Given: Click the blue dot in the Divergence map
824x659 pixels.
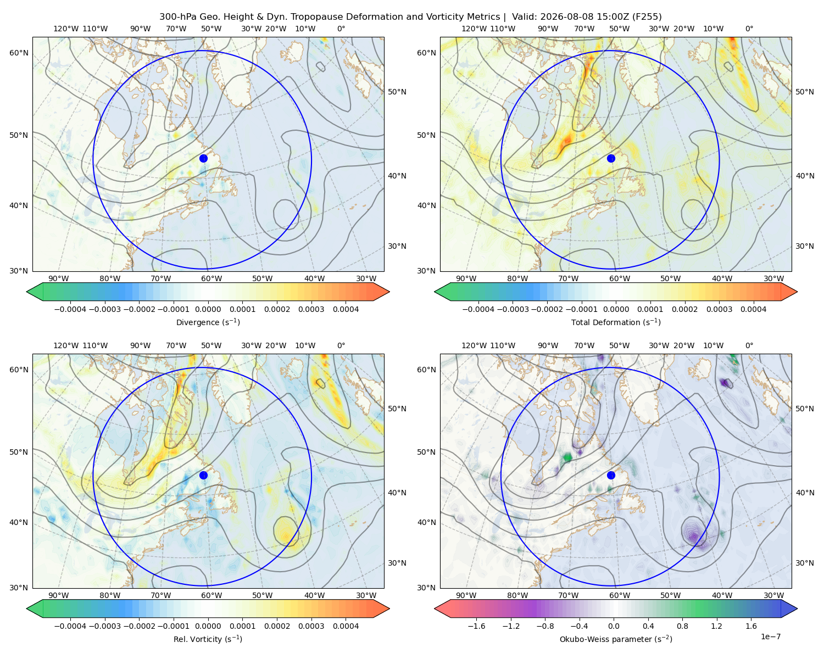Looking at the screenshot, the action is click(x=203, y=159).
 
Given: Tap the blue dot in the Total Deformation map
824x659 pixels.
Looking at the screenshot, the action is click(x=611, y=159).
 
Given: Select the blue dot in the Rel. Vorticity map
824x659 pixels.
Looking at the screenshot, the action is click(x=203, y=475).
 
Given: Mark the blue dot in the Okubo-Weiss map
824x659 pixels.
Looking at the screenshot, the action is click(x=611, y=475).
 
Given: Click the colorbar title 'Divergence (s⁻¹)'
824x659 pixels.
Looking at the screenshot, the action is click(x=208, y=322).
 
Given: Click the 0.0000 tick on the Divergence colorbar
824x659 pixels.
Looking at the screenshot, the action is click(x=208, y=309).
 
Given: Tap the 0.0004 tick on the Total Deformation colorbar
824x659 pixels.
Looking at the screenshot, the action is click(x=754, y=309).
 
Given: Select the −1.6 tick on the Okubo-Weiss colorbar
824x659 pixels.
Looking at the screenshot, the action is click(x=476, y=626).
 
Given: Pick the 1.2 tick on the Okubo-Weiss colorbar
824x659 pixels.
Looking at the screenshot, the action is click(x=716, y=626).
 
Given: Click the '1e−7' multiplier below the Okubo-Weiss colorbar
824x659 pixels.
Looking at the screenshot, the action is click(x=770, y=636).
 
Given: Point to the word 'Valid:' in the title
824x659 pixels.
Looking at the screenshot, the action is click(x=525, y=17).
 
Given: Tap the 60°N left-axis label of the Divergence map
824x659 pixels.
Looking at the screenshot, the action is click(x=19, y=53).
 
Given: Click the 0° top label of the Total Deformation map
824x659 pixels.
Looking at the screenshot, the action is click(x=749, y=29).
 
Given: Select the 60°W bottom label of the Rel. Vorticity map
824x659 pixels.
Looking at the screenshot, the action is click(x=211, y=595).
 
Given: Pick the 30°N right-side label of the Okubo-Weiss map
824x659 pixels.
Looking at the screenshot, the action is click(x=805, y=563).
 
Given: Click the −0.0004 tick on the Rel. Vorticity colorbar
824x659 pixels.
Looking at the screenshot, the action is click(x=70, y=626).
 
